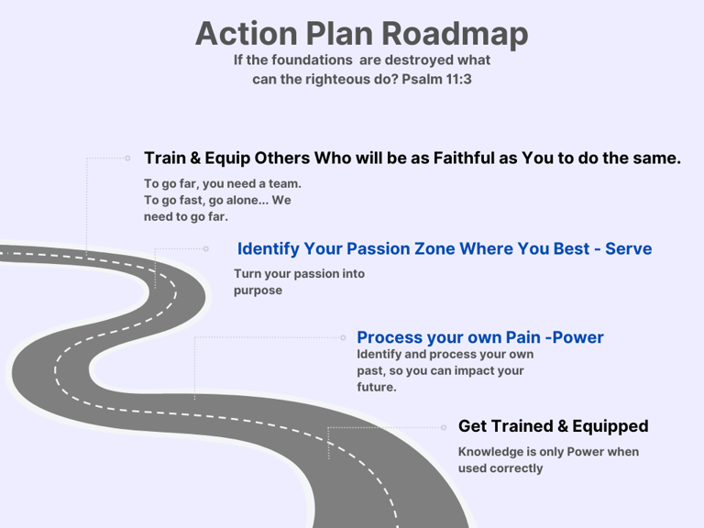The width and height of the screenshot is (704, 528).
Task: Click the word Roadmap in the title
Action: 455,34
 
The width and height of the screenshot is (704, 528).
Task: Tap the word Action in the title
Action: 246,34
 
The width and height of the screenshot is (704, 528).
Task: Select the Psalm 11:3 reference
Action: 436,80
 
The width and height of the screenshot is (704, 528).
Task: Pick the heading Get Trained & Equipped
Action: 553,426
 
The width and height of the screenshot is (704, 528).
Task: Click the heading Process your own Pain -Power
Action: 480,337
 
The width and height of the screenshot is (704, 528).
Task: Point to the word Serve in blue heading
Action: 628,248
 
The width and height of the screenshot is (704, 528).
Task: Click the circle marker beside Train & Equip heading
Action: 127,158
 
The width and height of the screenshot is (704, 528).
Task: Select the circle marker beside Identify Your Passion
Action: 206,248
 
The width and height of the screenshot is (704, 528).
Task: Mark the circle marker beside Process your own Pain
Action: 343,337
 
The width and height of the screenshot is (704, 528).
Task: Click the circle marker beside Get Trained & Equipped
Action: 444,427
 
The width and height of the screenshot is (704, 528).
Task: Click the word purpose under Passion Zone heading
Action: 258,291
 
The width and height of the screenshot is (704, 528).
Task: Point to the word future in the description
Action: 375,387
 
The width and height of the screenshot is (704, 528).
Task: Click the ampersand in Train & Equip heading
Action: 195,158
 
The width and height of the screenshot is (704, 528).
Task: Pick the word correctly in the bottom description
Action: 516,468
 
